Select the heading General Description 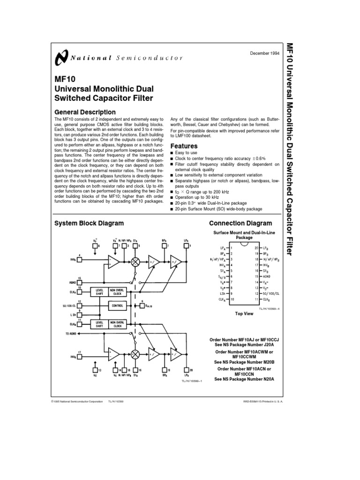click(x=85, y=112)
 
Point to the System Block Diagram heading click(x=89, y=223)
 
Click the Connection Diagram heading click(x=240, y=223)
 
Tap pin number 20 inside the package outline click(x=256, y=247)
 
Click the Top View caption click(x=244, y=313)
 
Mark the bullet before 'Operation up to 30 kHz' click(x=172, y=198)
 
